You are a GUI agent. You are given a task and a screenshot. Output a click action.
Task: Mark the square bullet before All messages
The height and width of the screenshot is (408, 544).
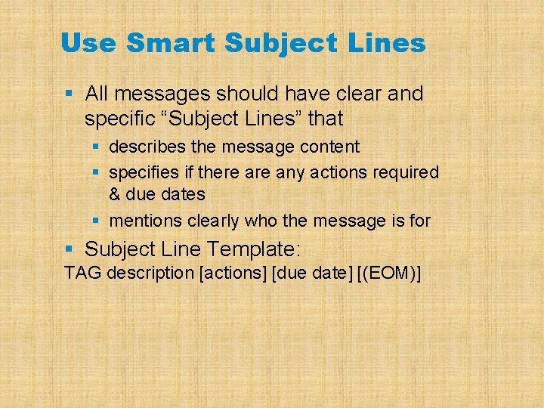click(69, 94)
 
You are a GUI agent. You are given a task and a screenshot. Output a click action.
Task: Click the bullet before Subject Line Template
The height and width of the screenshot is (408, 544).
click(69, 249)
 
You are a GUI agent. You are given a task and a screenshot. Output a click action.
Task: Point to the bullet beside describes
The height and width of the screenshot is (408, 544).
click(96, 147)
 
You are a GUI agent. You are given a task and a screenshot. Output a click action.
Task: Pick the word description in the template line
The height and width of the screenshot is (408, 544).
click(150, 273)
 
